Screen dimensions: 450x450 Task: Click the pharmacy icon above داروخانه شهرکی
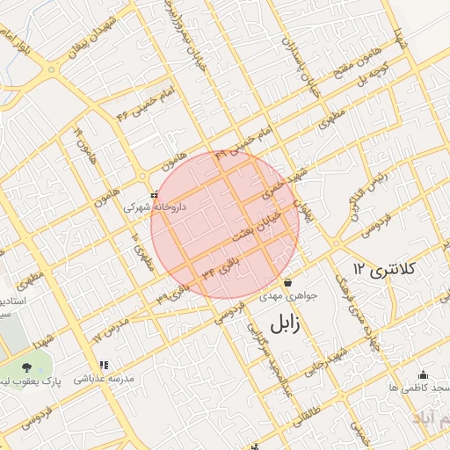(154, 195)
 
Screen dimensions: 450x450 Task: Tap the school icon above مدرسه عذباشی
(104, 365)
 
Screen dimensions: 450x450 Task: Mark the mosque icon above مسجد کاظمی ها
(423, 374)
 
